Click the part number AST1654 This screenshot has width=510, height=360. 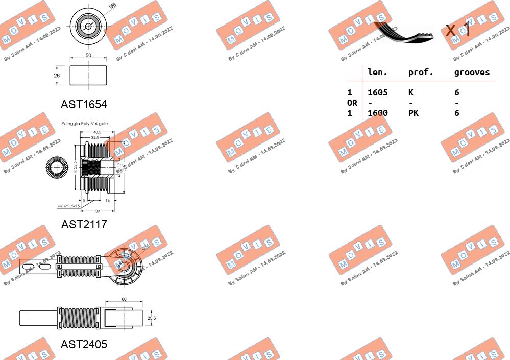84,105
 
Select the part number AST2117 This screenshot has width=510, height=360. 84,224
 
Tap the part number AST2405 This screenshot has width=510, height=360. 84,345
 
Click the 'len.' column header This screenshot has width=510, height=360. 378,73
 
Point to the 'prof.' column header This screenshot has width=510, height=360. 421,73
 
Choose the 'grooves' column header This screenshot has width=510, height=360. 472,73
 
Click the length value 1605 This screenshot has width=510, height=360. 378,92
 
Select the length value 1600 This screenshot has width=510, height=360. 378,113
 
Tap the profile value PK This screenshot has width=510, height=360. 413,113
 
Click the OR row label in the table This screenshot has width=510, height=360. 352,103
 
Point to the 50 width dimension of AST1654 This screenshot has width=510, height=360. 88,55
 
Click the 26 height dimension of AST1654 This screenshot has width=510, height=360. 57,76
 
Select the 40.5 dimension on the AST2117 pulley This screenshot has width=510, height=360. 97,132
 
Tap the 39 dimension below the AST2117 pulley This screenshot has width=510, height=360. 96,210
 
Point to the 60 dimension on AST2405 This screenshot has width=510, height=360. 124,299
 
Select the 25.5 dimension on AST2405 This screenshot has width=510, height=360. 151,318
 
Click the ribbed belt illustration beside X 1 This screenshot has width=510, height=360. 403,32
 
